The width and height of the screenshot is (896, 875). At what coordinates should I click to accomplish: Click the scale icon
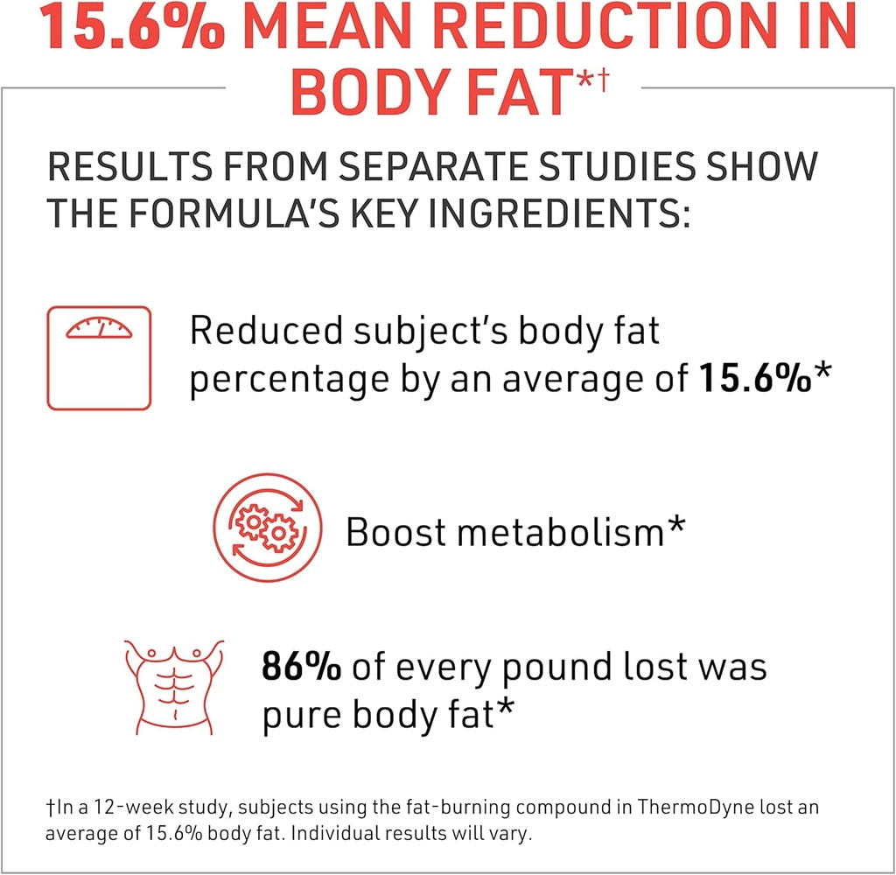tap(99, 357)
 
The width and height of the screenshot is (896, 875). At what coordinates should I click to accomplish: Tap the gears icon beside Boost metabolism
tap(263, 527)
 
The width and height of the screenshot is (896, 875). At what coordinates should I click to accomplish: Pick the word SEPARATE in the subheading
tap(485, 166)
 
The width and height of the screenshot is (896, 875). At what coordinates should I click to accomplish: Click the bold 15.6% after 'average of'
tap(754, 380)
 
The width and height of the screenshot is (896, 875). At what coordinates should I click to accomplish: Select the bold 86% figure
tap(301, 667)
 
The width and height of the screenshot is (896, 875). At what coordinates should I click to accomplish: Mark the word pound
tap(578, 667)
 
